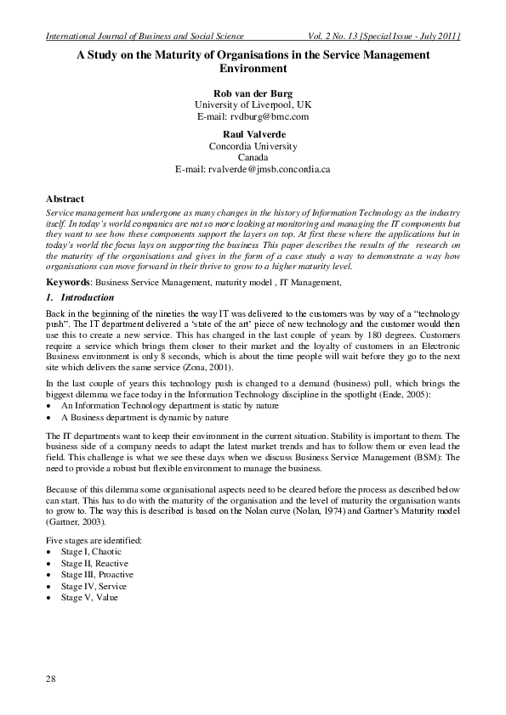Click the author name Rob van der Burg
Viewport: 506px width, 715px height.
coord(253,92)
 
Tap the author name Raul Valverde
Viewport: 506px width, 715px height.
coord(253,134)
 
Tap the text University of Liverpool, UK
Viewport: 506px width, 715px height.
coord(253,104)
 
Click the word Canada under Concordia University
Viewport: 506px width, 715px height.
coord(253,158)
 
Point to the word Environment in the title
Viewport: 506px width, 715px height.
coord(253,66)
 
